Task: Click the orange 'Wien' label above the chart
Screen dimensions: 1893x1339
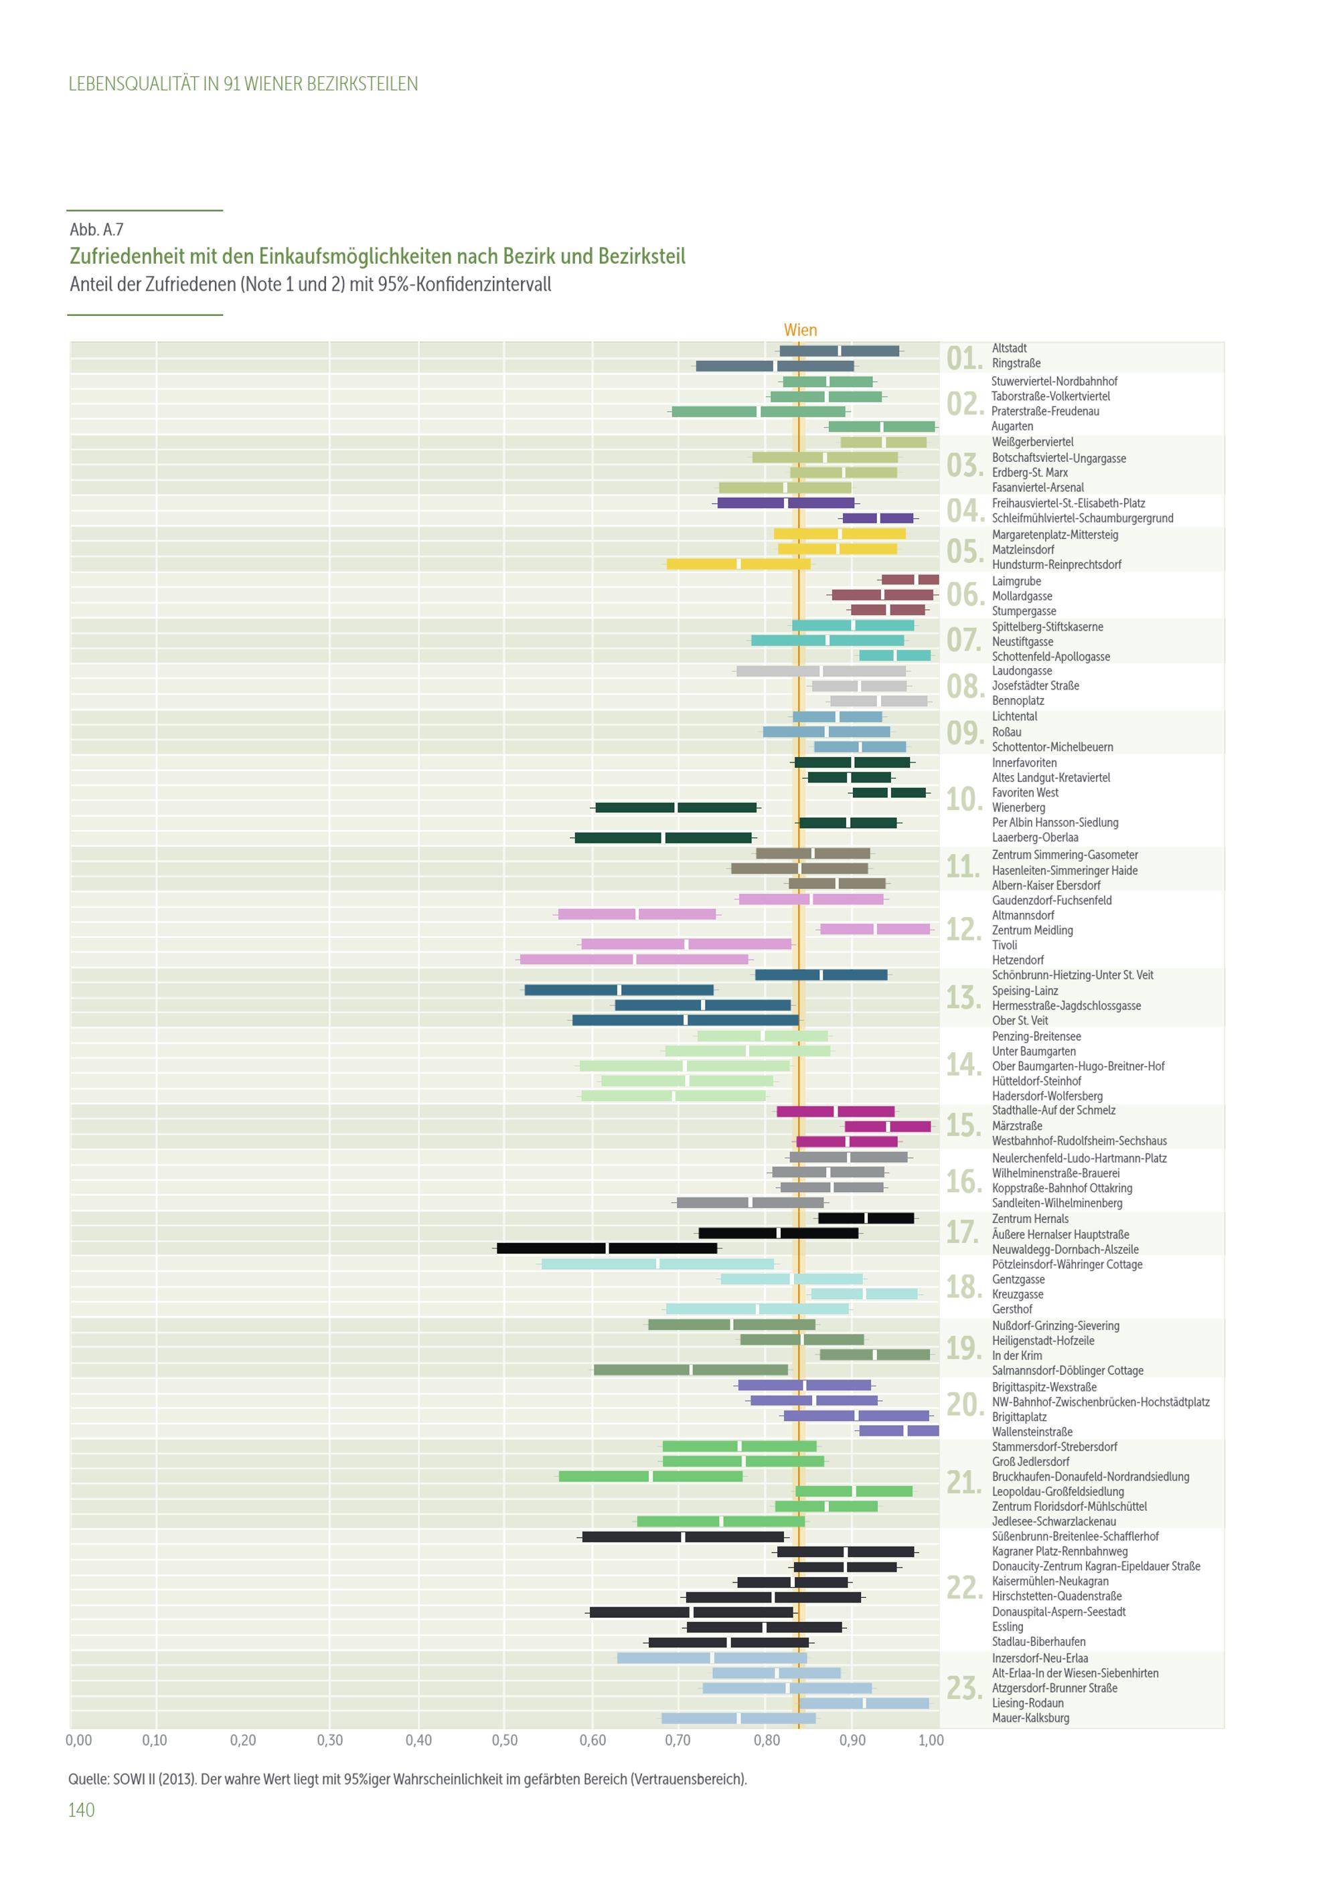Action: click(800, 330)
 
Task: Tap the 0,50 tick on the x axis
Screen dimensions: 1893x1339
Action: click(505, 1740)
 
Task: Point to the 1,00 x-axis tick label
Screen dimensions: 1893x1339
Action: click(931, 1740)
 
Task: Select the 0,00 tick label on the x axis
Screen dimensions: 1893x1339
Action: click(78, 1740)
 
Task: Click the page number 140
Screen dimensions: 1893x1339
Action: click(82, 1810)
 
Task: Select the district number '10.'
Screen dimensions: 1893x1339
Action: click(963, 799)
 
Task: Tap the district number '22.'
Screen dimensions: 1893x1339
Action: click(963, 1587)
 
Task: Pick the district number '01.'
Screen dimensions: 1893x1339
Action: click(963, 358)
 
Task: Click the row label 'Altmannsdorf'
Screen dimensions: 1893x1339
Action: click(1022, 915)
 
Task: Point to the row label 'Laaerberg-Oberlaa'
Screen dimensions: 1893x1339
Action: click(1035, 837)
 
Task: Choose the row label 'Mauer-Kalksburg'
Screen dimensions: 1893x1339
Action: click(1030, 1718)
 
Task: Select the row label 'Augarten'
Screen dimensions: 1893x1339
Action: click(1012, 426)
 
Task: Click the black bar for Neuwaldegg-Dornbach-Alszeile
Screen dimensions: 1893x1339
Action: click(607, 1248)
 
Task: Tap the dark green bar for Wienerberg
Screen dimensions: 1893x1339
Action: click(676, 808)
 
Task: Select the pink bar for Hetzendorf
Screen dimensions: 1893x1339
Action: click(634, 959)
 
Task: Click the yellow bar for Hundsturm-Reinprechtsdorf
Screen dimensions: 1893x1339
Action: click(738, 564)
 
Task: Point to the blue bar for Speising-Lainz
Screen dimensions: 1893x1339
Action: click(619, 990)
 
